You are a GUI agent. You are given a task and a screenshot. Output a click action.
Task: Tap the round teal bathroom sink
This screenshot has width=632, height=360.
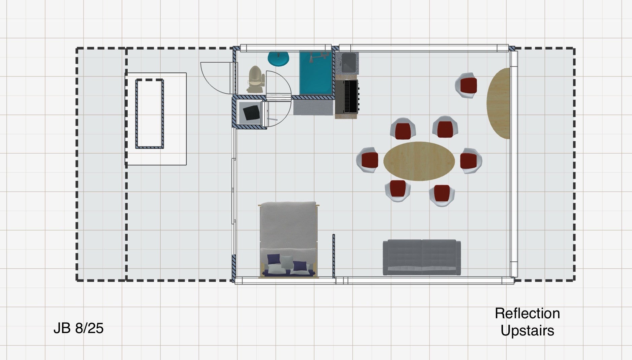point(278,59)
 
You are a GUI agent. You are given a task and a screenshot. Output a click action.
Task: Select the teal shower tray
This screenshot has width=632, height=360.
point(316,72)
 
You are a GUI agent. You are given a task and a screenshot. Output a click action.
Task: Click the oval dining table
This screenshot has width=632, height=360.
point(419,161)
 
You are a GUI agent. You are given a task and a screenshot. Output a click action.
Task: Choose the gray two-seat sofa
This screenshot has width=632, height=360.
point(422,257)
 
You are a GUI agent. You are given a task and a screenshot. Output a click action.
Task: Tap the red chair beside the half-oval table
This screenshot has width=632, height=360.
point(467,86)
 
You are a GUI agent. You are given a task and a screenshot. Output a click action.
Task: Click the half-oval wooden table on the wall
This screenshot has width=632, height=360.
point(498,103)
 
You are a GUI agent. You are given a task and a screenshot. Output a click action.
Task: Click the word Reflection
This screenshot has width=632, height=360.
point(527,314)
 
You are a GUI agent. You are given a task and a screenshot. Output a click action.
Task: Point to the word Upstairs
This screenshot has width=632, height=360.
point(527,331)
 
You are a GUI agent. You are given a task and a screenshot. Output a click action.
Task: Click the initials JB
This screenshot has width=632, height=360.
point(62,328)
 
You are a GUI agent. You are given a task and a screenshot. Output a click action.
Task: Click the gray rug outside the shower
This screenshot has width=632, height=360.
point(313,107)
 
